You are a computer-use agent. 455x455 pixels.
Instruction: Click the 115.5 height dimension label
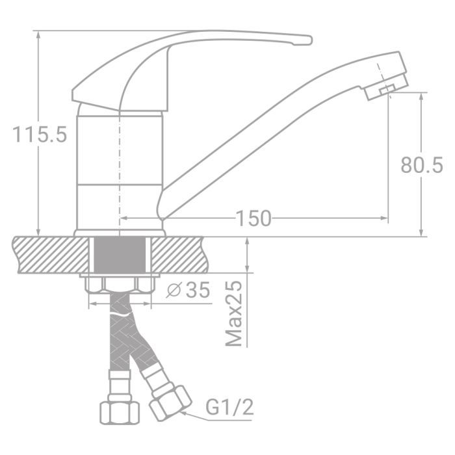tap(39, 135)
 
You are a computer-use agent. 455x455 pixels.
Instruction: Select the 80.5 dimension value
tap(421, 165)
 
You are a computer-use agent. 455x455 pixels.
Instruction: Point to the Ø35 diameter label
tap(188, 291)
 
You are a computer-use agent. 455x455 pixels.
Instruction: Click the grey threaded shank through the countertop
tap(120, 255)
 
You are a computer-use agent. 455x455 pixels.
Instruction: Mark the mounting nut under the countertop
tap(120, 284)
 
